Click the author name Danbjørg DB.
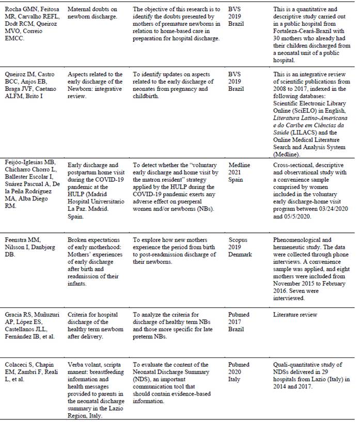43,247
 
